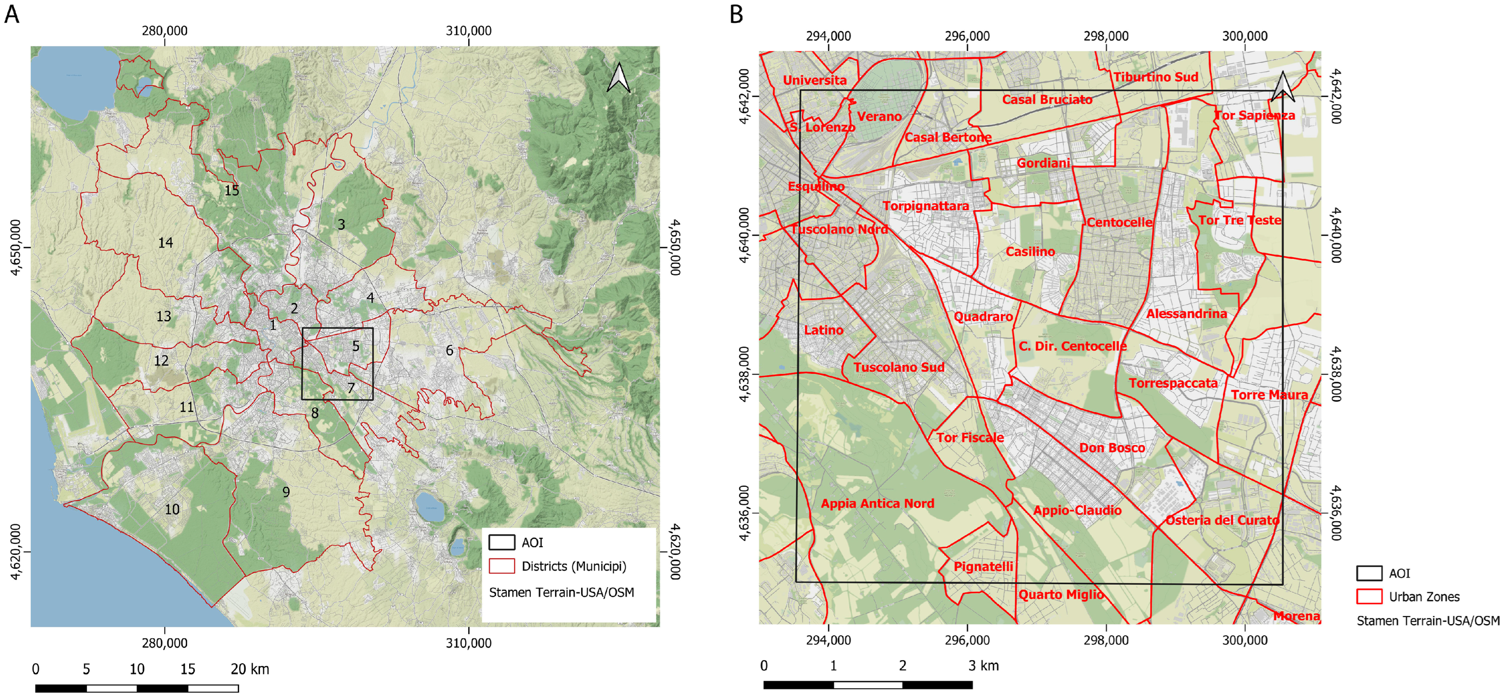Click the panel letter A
12,13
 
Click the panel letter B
736,13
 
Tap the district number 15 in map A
232,191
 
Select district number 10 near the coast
172,509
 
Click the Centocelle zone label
1119,223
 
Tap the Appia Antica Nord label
877,504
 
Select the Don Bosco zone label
1112,448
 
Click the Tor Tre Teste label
1239,220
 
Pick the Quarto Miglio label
1061,595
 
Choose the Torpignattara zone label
926,206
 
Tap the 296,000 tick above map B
967,36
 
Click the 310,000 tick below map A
468,643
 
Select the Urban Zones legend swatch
1369,597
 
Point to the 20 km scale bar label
250,669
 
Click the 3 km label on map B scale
983,665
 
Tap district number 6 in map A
449,350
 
